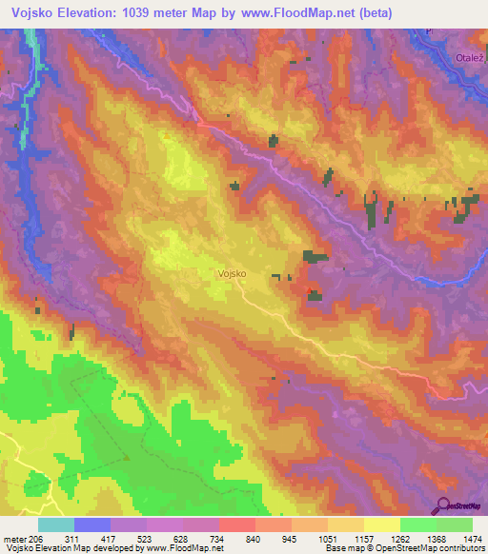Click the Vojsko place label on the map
pos(233,273)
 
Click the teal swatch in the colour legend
pos(55,524)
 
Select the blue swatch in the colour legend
pos(91,524)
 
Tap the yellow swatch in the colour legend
pos(381,524)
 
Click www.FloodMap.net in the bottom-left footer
pos(183,548)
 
